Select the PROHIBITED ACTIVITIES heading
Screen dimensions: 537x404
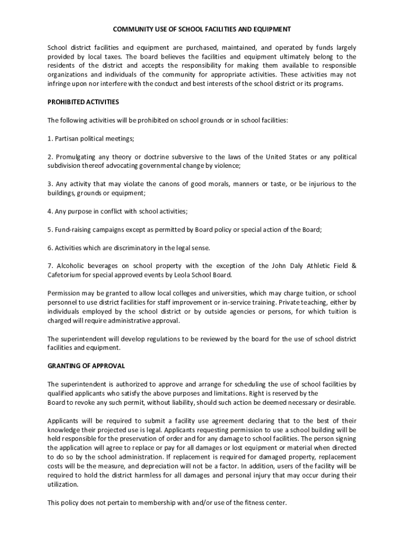point(83,102)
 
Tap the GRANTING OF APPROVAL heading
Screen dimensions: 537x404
point(86,366)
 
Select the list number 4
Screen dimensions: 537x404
point(50,211)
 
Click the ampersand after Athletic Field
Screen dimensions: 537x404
point(354,266)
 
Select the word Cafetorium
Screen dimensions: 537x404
point(66,275)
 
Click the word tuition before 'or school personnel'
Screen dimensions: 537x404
point(312,293)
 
